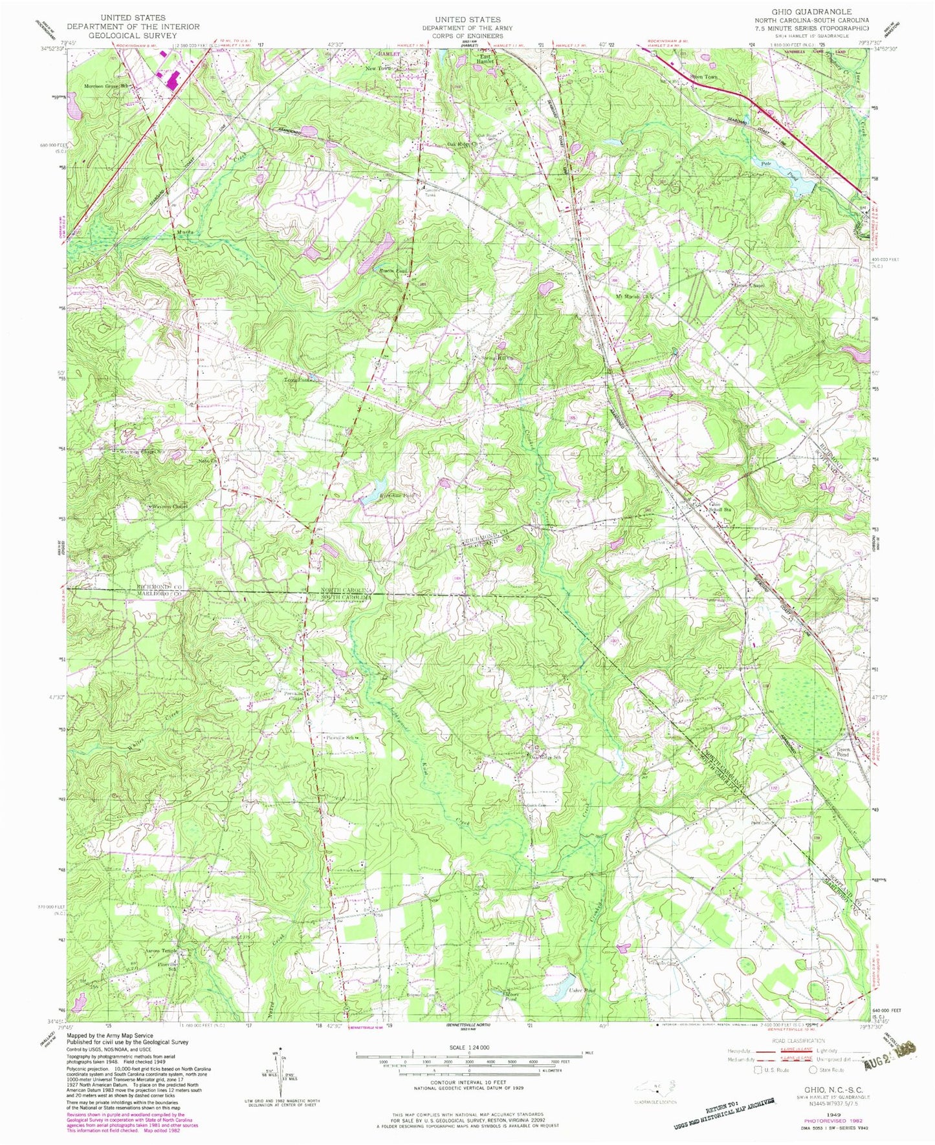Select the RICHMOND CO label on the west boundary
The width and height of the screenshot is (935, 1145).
point(160,585)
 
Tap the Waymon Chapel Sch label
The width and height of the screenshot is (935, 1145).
point(142,452)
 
